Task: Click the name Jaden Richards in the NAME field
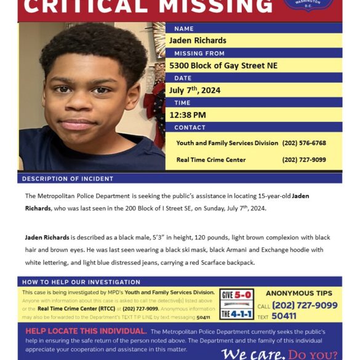tap(198, 41)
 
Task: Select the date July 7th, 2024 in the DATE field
tap(194, 90)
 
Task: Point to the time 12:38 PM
tap(188, 115)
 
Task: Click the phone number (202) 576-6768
tap(304, 143)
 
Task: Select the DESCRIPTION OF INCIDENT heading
tap(68, 179)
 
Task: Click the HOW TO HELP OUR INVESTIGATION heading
tap(73, 282)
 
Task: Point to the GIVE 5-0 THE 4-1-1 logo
tap(236, 304)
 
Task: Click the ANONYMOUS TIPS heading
tap(298, 294)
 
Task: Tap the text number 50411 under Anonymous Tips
tap(284, 316)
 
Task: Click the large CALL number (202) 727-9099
tap(305, 305)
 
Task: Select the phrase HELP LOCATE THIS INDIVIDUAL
tap(86, 331)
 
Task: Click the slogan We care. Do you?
tap(279, 354)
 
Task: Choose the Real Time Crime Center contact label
tap(211, 160)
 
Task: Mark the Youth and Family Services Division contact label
tap(227, 143)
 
